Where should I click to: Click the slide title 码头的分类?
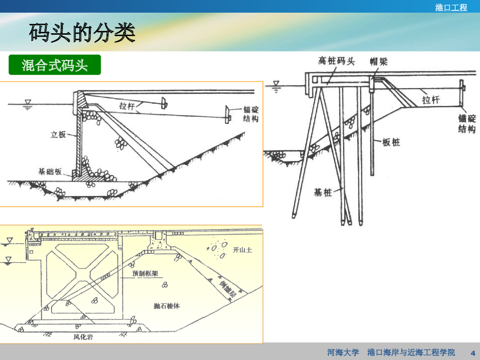(82, 33)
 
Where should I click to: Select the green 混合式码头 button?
(55, 65)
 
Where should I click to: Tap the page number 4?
(472, 352)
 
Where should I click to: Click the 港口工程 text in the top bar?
(451, 7)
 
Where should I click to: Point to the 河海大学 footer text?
(343, 352)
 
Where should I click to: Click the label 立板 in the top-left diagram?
(58, 135)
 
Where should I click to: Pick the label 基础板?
(50, 171)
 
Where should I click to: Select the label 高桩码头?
(336, 61)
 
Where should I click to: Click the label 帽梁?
(378, 61)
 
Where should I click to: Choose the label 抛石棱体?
(167, 306)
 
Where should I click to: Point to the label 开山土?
(243, 250)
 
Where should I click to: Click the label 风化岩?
(83, 336)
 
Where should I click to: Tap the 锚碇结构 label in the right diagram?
(467, 123)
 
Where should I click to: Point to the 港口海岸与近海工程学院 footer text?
(411, 352)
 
